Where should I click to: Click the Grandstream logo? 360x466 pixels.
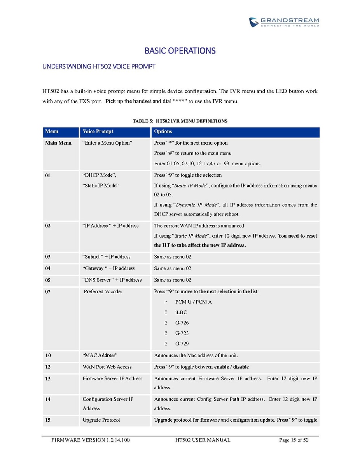pos(284,22)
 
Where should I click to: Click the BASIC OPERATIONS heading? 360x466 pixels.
pos(180,51)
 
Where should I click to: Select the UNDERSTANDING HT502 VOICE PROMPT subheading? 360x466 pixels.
pos(99,67)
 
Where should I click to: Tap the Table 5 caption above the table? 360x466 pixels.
pos(180,121)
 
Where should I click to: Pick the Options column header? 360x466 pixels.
pos(163,131)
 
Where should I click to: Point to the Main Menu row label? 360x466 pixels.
pos(58,143)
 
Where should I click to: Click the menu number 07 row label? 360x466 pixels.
pos(48,291)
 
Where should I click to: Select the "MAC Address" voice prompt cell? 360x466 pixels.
pos(100,355)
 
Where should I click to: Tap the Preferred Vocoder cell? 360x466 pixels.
pos(103,291)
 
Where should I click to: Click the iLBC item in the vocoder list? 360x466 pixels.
pos(181,312)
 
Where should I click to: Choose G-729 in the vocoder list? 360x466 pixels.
pos(182,343)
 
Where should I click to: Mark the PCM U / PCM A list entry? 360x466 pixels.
pos(193,302)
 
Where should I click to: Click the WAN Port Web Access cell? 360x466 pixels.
pos(107,367)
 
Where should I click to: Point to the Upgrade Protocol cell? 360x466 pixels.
pos(101,420)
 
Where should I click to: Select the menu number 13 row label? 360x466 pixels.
pos(48,378)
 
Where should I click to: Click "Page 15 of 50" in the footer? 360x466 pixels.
pos(294,440)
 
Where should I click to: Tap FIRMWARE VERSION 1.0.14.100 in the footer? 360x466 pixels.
pos(91,440)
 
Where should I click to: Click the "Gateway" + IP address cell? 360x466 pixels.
pos(108,268)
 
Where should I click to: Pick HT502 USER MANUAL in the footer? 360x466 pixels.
pos(203,440)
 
